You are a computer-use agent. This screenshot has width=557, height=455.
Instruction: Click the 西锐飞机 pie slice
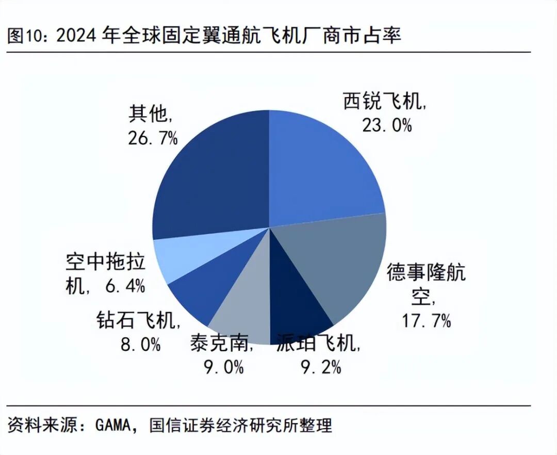pos(325,165)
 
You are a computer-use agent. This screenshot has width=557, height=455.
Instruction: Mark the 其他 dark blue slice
pos(211,175)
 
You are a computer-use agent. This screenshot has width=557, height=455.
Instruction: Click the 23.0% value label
pos(386,124)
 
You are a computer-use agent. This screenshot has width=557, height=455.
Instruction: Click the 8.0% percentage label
pos(140,344)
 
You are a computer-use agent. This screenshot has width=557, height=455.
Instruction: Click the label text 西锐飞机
pos(384,102)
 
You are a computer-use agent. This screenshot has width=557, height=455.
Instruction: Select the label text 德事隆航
pos(426,272)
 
